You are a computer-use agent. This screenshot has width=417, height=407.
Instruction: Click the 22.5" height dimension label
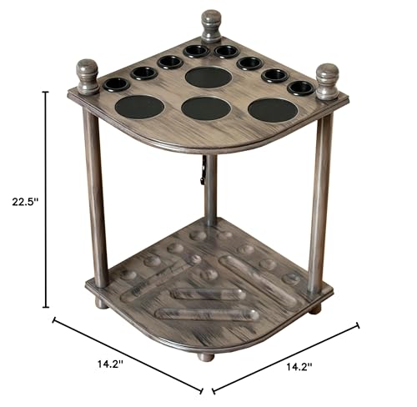[x=25, y=201]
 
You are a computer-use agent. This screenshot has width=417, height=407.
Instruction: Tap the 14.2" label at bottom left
[x=110, y=364]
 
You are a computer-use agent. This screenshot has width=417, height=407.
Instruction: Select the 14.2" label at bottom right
[x=299, y=368]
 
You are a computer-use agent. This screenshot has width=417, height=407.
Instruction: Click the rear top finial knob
[x=211, y=27]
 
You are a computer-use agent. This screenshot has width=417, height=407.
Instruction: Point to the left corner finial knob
[x=88, y=77]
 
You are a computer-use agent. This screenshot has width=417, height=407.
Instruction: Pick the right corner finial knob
[x=328, y=82]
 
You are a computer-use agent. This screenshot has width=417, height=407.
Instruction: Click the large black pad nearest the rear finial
[x=208, y=77]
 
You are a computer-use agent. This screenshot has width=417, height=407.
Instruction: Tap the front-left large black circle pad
[x=139, y=107]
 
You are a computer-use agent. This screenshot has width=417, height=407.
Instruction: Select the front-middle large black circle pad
[x=206, y=108]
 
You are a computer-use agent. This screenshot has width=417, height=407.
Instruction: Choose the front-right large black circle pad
[x=273, y=110]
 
